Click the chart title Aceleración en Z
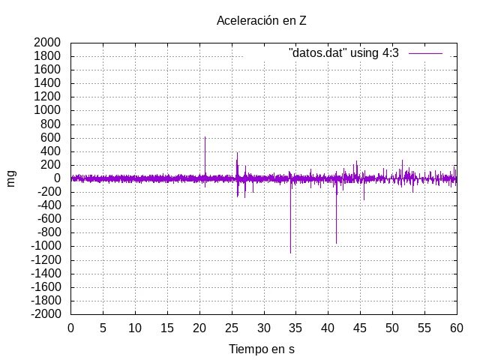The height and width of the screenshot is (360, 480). (x=262, y=20)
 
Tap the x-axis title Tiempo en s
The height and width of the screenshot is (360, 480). (x=262, y=349)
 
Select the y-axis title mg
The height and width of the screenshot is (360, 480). (x=10, y=178)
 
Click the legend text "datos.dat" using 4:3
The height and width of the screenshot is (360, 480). (x=343, y=53)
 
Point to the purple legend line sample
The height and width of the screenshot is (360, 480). (x=425, y=53)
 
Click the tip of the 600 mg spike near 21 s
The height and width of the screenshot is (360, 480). (x=205, y=136)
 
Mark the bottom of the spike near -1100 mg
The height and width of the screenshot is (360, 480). (x=290, y=253)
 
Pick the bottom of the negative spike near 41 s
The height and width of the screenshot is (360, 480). (x=336, y=243)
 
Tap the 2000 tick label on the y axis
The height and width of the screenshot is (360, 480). (x=47, y=43)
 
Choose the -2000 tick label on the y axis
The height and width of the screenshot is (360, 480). (x=46, y=313)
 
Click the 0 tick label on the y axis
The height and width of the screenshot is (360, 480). (x=57, y=178)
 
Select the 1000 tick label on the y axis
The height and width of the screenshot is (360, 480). (x=47, y=110)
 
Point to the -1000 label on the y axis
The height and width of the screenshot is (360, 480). (x=46, y=246)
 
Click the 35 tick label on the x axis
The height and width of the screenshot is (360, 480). (x=295, y=328)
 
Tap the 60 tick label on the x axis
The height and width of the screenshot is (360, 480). (x=457, y=328)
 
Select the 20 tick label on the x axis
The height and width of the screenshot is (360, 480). (x=199, y=328)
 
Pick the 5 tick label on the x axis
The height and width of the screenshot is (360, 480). (x=103, y=328)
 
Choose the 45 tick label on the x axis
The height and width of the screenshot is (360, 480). (x=360, y=328)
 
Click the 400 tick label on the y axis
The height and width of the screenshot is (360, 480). (x=50, y=151)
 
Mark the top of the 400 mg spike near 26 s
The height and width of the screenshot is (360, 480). (x=237, y=153)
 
